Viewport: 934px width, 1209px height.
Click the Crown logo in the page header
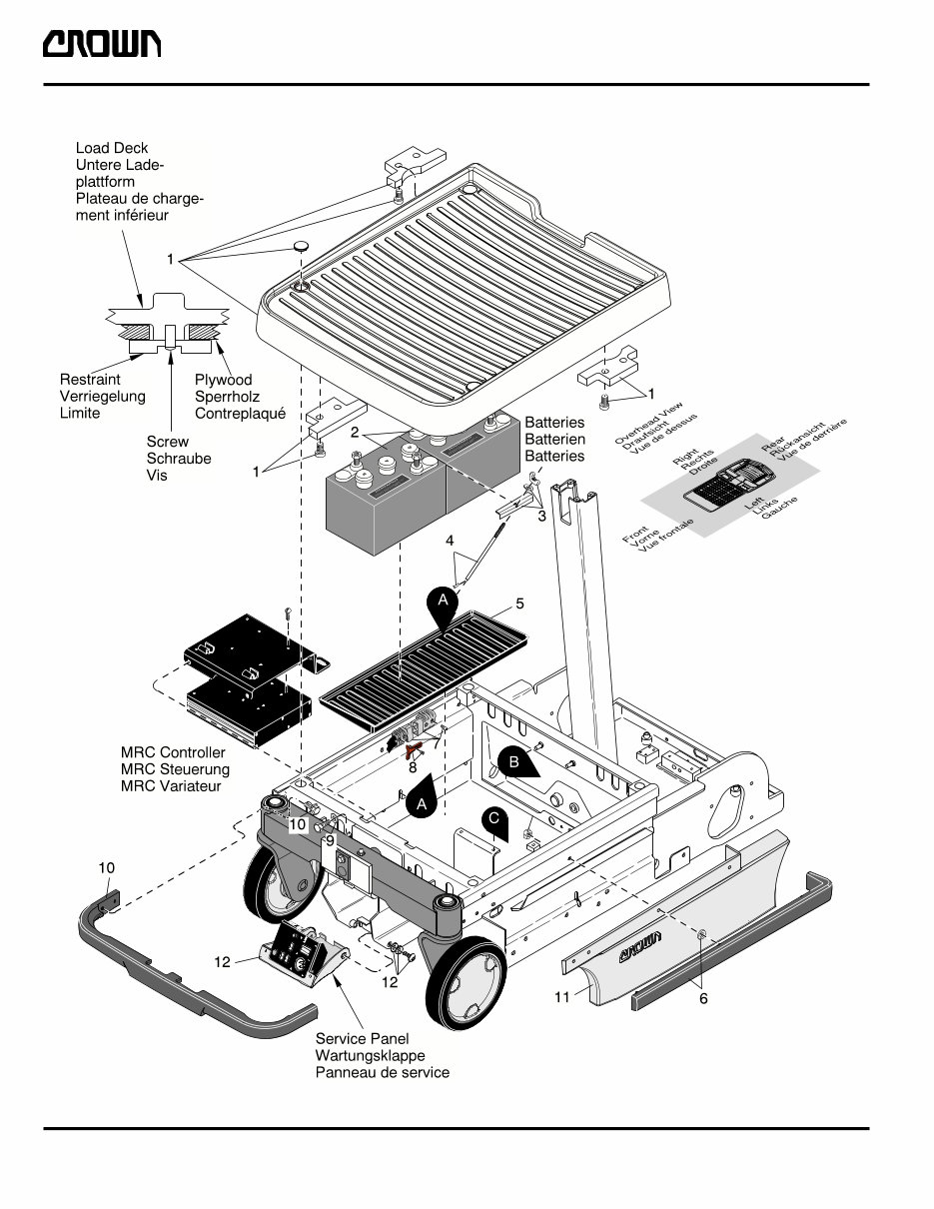click(x=101, y=46)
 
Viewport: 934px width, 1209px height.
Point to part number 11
click(x=562, y=997)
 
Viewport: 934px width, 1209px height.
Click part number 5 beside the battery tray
click(x=519, y=604)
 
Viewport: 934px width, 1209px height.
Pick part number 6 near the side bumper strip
click(x=703, y=999)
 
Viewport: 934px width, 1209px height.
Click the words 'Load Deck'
click(x=112, y=148)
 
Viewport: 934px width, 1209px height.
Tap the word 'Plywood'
click(x=223, y=380)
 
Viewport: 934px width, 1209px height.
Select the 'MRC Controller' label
click(x=172, y=752)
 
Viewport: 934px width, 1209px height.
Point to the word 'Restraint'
click(x=90, y=380)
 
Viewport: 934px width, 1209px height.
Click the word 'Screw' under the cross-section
click(x=167, y=442)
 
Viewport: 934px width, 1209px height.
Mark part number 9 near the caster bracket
click(x=330, y=840)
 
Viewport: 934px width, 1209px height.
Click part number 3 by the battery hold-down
click(x=541, y=517)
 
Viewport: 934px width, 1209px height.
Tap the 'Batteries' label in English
click(x=554, y=423)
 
